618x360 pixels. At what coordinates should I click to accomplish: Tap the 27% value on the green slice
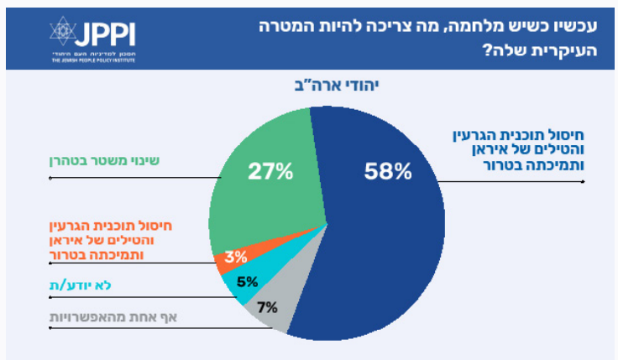click(x=270, y=172)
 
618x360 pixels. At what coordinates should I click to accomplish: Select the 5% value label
click(x=246, y=282)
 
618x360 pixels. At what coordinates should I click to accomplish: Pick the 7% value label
click(x=268, y=306)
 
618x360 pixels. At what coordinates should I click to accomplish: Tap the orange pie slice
click(x=225, y=261)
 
